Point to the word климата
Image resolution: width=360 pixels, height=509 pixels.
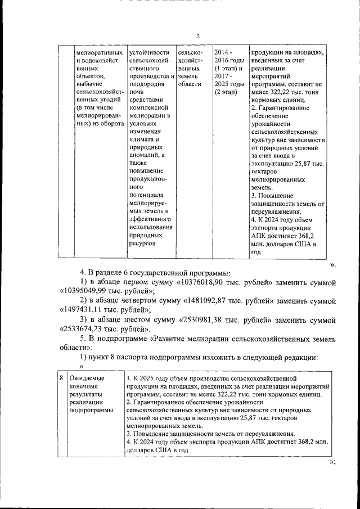point(143,139)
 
